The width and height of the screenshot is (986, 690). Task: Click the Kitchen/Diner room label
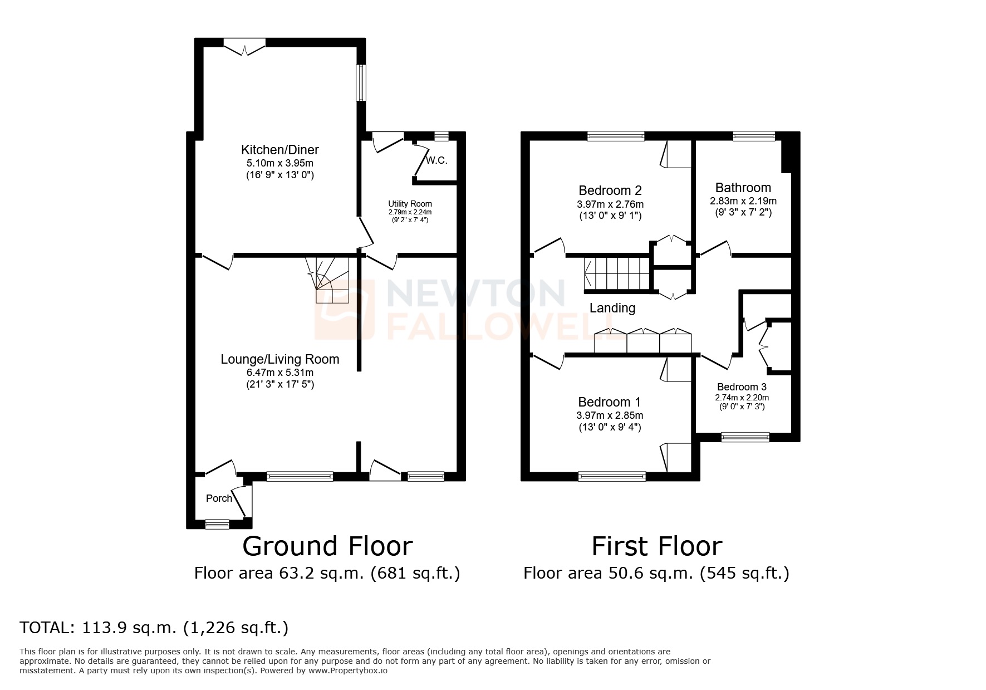[x=279, y=150]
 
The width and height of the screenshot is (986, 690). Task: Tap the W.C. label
[x=436, y=161]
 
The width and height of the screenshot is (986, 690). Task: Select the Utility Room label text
[x=410, y=204]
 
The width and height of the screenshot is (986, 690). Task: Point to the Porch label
[x=219, y=498]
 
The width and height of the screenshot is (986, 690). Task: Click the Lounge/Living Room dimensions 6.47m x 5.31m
[x=280, y=373]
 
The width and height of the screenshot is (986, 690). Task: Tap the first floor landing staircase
[x=617, y=274]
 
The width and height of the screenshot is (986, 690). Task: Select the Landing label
[x=612, y=308]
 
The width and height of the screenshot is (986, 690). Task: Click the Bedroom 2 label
[x=610, y=190]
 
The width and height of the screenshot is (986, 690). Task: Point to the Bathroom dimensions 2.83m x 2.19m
[x=743, y=201]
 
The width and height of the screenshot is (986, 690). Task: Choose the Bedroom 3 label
[x=742, y=387]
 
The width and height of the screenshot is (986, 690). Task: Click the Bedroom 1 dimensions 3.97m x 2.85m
[x=610, y=415]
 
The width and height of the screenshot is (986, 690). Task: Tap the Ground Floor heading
[x=327, y=546]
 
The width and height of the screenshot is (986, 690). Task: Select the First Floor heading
[x=656, y=546]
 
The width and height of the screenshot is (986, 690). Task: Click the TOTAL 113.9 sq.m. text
[x=154, y=628]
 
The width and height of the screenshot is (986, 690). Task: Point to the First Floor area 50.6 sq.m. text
[x=656, y=573]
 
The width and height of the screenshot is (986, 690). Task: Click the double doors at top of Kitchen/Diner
[x=244, y=47]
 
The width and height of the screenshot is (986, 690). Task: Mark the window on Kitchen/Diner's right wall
[x=361, y=83]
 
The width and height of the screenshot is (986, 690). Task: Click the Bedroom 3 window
[x=745, y=437]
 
